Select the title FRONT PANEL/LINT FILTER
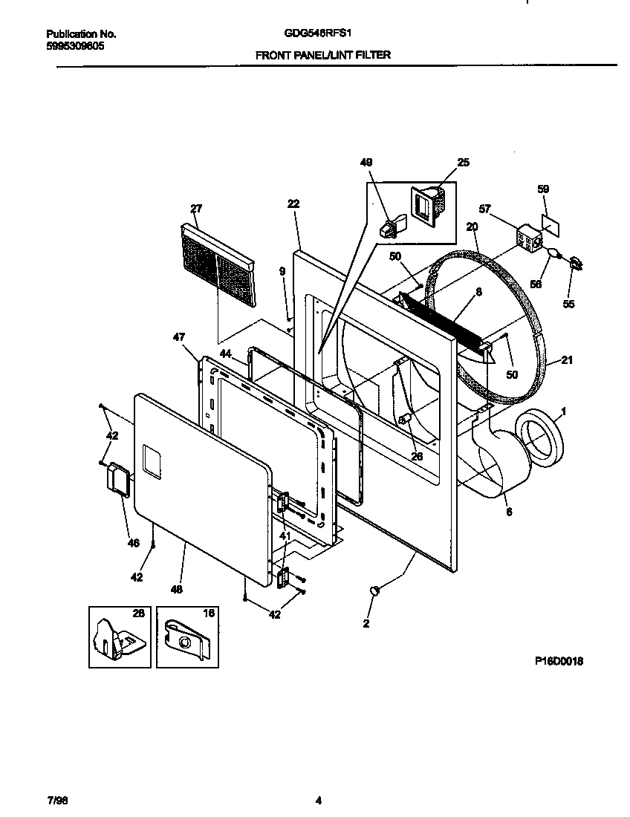[323, 55]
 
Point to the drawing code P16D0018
[558, 661]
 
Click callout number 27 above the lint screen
[195, 209]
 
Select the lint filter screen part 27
[216, 264]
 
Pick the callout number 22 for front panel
[293, 204]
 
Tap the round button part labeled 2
[376, 590]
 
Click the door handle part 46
[117, 477]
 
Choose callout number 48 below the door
[176, 589]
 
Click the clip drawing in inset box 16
[186, 637]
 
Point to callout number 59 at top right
[543, 189]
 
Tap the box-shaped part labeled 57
[528, 238]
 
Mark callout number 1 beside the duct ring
[564, 411]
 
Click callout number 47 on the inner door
[178, 337]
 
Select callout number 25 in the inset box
[464, 162]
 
